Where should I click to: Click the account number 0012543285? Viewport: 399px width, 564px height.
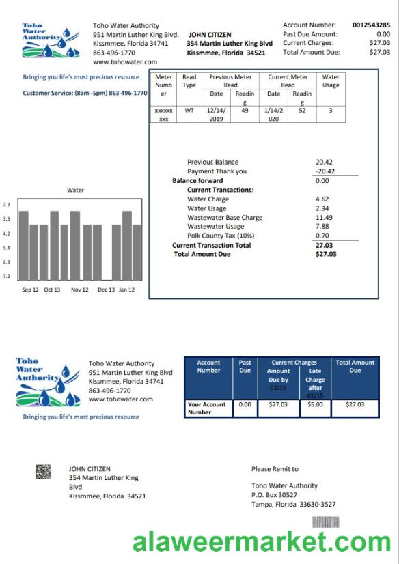371,25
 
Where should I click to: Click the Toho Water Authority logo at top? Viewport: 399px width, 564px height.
50,42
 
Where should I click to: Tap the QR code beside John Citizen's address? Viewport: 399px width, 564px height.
44,472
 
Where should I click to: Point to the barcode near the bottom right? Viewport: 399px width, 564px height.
326,522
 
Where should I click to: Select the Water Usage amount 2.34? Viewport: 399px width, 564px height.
322,208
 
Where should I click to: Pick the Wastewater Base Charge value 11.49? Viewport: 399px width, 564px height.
324,218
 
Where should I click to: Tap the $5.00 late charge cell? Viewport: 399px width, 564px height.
315,404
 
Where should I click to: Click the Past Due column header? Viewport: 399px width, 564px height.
245,367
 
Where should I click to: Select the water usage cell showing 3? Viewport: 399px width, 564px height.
330,109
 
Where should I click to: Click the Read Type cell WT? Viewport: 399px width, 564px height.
189,109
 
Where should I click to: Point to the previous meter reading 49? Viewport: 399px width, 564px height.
245,109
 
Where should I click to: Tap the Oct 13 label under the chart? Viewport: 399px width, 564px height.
52,290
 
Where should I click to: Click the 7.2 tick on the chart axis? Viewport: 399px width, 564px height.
6,277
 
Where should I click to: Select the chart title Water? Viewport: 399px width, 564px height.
75,190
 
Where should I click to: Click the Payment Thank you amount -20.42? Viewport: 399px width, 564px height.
325,171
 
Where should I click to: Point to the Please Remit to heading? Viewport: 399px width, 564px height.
275,469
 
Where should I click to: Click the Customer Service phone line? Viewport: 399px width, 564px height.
85,93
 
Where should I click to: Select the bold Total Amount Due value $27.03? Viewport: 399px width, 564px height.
326,254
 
